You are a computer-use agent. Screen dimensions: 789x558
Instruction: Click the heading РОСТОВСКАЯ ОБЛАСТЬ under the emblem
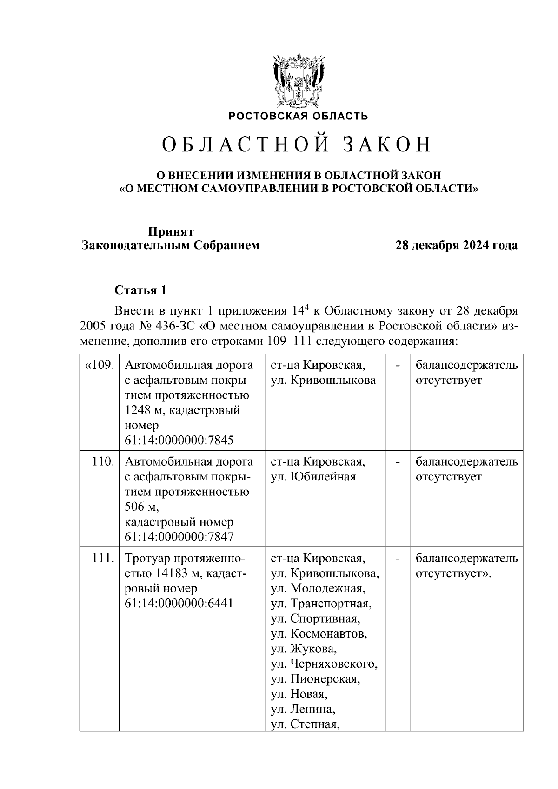pos(298,116)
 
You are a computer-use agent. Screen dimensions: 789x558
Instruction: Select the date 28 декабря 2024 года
pos(456,245)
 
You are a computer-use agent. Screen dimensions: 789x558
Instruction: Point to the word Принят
pos(171,231)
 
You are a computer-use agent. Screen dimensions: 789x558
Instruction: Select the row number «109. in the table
pos(99,365)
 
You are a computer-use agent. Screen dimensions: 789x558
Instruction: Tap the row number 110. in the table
pos(103,461)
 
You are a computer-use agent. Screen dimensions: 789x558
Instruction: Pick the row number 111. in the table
pos(103,558)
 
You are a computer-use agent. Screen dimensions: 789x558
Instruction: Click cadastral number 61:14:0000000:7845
pos(179,440)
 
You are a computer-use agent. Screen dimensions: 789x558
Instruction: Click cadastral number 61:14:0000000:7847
pos(179,537)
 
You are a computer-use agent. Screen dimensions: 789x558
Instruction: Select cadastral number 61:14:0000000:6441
pos(179,603)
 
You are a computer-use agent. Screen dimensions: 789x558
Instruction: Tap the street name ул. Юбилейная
pos(313,477)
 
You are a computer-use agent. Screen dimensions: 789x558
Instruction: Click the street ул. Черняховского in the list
pos(324,664)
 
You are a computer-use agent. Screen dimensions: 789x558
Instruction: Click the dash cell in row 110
pos(398,462)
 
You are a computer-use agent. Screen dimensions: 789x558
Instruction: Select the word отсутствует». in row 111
pos(453,573)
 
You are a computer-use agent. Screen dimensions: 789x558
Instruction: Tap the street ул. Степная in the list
pos(304,724)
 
